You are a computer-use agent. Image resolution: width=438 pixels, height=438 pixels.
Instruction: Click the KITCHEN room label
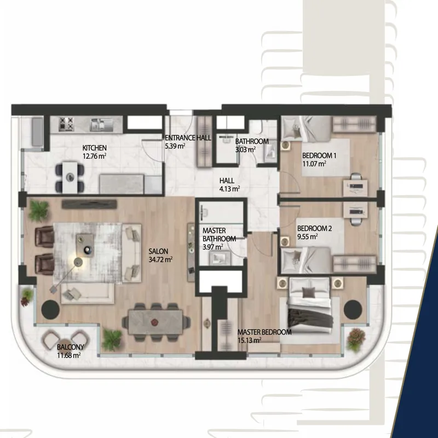[94, 148]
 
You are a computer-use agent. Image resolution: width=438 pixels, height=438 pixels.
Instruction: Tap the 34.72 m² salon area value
[160, 260]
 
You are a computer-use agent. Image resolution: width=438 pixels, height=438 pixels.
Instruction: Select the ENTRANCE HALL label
[188, 138]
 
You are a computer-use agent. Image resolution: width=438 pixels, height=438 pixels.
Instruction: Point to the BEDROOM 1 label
[319, 155]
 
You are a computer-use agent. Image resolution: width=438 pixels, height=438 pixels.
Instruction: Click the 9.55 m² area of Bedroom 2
[307, 237]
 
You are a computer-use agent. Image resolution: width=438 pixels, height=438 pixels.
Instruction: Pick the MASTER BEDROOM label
[264, 332]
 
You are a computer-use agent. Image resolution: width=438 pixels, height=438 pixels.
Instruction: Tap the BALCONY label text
[71, 347]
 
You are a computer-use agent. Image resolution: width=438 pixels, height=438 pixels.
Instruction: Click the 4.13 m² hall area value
[229, 189]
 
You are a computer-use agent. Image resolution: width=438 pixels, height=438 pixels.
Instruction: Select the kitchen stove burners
[66, 124]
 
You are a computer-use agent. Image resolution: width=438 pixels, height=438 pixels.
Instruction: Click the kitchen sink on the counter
[101, 125]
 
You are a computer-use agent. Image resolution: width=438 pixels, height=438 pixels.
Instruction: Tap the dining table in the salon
[156, 322]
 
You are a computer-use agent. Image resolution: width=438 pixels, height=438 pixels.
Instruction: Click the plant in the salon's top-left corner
[39, 210]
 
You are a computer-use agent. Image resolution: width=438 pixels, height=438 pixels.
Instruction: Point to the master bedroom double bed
[310, 306]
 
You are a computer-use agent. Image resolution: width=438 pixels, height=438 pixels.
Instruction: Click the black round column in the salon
[50, 309]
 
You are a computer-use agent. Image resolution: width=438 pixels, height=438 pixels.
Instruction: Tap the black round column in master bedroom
[353, 309]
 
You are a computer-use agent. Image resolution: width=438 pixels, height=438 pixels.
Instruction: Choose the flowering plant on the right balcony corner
[356, 338]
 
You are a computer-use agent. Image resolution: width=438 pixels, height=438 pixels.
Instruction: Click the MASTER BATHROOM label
[220, 235]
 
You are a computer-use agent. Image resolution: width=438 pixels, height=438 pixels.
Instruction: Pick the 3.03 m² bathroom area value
[245, 149]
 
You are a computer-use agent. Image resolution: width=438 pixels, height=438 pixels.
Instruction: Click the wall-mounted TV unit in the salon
[89, 204]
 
